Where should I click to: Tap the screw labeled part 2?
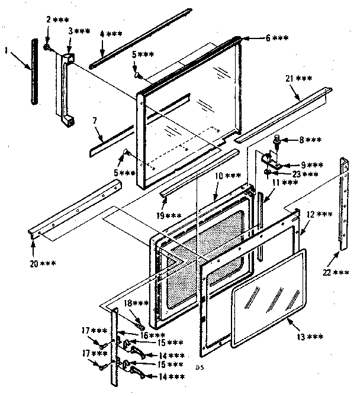(x=47, y=45)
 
